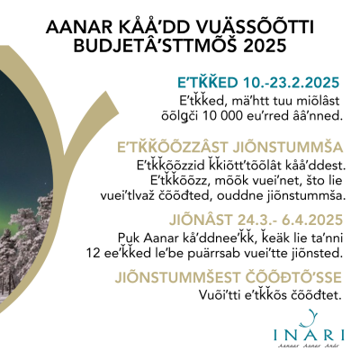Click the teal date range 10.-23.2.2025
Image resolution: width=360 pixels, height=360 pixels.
[291, 83]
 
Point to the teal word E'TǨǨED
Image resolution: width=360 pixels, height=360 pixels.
[208, 82]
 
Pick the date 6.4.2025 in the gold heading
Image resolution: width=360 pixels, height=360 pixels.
[312, 220]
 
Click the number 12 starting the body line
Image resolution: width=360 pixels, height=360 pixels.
[92, 254]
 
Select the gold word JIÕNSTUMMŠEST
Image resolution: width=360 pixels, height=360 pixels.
[178, 277]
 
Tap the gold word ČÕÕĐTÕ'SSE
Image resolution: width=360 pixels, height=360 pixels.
[293, 276]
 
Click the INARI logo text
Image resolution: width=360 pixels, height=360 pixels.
[309, 335]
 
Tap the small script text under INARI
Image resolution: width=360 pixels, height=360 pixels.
[309, 346]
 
